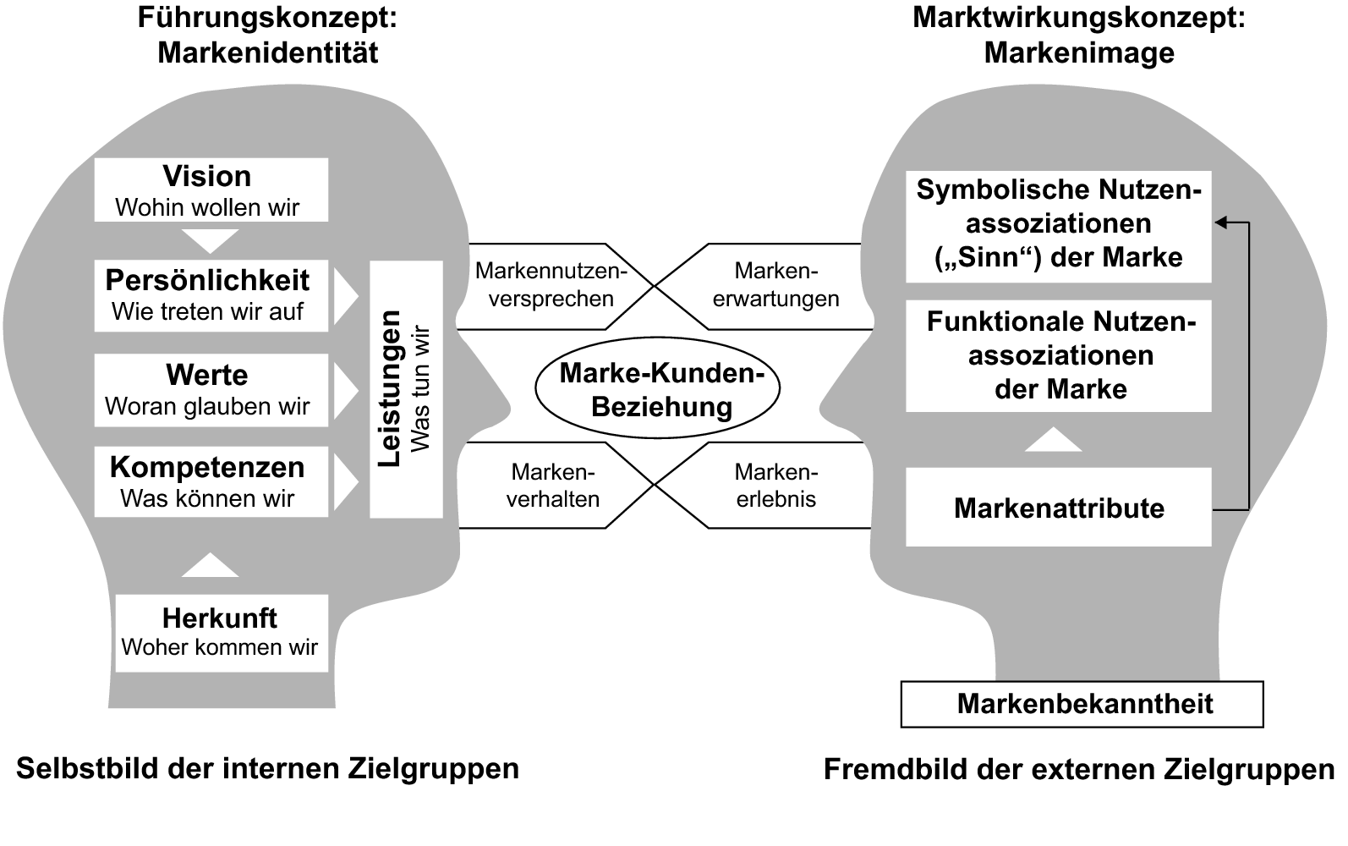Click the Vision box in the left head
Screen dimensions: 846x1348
tap(211, 190)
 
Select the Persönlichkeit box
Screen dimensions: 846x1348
tap(211, 295)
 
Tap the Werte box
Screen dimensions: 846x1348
tap(211, 390)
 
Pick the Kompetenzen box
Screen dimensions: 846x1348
tap(211, 481)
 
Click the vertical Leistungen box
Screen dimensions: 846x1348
tap(406, 389)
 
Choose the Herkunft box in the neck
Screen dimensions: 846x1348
tap(221, 633)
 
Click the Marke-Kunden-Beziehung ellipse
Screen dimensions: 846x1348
tap(657, 390)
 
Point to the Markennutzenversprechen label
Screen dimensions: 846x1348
tap(551, 285)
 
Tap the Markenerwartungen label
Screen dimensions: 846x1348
tap(775, 285)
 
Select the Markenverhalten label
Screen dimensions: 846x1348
tap(553, 486)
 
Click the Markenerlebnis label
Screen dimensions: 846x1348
tap(775, 486)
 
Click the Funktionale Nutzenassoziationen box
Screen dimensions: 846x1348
tap(1058, 356)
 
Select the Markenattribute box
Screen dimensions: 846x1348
tap(1058, 508)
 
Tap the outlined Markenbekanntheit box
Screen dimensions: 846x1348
tap(1082, 704)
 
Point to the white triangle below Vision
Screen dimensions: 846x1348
tap(211, 240)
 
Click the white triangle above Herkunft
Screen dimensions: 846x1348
tap(211, 566)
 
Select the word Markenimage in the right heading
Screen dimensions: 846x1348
tap(1079, 52)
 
